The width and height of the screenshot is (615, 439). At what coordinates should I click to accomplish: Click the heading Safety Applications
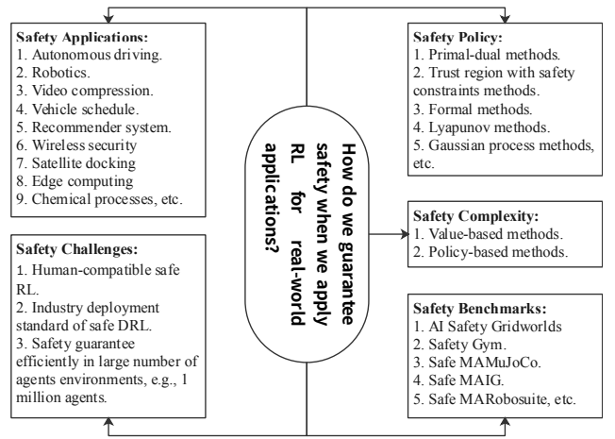click(x=82, y=37)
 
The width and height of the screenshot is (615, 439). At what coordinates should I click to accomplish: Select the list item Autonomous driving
click(x=89, y=55)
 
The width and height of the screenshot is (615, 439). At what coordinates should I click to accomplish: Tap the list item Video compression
click(x=85, y=91)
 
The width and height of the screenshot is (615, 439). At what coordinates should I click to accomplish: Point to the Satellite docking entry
click(x=76, y=163)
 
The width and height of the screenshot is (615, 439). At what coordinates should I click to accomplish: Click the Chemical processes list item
click(x=100, y=199)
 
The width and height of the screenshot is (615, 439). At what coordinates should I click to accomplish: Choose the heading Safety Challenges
click(x=77, y=249)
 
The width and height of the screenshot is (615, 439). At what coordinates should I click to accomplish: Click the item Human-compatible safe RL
click(x=98, y=279)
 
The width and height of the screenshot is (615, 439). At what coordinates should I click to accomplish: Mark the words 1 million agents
click(x=101, y=389)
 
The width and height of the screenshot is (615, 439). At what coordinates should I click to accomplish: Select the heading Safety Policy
click(x=457, y=37)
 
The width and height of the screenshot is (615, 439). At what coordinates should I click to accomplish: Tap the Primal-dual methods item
click(x=487, y=55)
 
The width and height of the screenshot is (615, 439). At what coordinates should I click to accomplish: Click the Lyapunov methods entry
click(x=482, y=127)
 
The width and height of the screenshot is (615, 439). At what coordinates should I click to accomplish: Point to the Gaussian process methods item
click(x=504, y=154)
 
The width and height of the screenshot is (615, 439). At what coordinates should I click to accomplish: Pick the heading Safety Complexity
click(x=475, y=216)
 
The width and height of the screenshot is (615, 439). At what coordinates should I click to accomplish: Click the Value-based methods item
click(x=488, y=234)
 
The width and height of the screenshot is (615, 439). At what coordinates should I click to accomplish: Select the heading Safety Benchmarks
click(x=480, y=309)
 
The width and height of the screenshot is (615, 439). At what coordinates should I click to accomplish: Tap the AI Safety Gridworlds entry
click(x=488, y=327)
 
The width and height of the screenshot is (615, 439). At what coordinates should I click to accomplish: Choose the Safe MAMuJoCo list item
click(x=477, y=362)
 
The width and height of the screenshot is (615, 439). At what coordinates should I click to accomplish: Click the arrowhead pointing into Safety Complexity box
click(x=405, y=234)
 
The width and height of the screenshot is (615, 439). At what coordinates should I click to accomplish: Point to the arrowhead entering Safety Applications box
click(x=108, y=19)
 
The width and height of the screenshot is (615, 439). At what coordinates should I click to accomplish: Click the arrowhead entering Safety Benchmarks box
click(x=506, y=422)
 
